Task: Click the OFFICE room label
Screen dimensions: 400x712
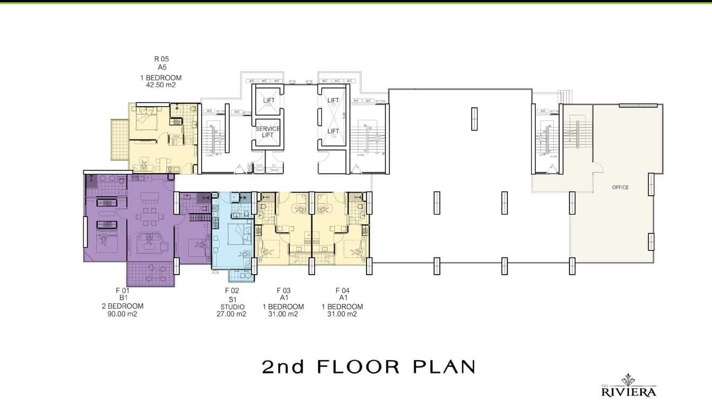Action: coord(620,187)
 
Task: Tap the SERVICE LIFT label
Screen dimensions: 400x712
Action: coord(267,132)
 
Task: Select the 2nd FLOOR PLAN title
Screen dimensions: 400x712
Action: coord(368,367)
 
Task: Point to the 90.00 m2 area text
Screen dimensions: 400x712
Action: coord(122,314)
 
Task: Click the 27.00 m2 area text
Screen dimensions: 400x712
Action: coord(232,314)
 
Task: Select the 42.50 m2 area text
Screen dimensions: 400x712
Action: coord(161,84)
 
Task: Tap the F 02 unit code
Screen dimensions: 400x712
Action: coord(232,290)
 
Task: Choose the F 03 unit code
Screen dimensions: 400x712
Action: coord(283,290)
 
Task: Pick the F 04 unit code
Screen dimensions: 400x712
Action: coord(342,290)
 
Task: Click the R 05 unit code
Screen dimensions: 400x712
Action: coord(161,59)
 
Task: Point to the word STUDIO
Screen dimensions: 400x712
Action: coord(232,307)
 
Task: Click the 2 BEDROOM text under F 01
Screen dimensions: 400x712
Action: coord(123,306)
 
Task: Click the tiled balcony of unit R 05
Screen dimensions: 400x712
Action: coord(119,139)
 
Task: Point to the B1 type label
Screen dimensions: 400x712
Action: coord(123,298)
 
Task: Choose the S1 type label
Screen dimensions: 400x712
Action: coord(232,299)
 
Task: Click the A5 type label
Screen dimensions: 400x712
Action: coord(161,67)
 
